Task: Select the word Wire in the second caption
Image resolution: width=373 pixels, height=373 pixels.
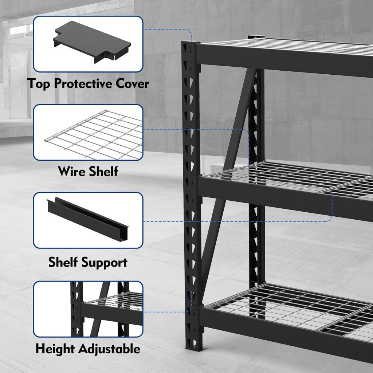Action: (72, 171)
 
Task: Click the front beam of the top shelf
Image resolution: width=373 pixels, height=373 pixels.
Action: (284, 60)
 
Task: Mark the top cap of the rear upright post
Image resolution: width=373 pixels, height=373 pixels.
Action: (256, 37)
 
